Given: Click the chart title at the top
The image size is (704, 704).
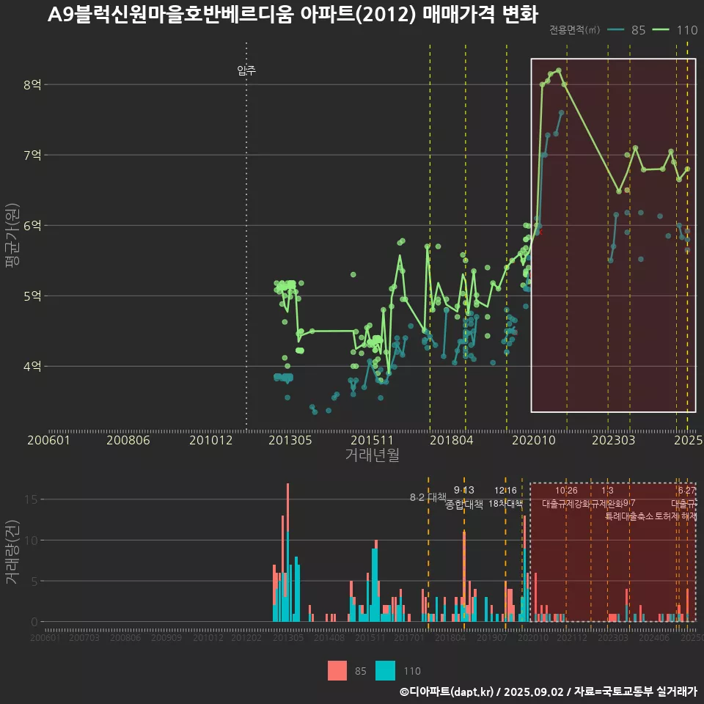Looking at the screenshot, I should [293, 15].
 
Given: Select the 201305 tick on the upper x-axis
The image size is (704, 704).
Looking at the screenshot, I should [290, 441].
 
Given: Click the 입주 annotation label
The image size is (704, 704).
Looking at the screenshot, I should [246, 71].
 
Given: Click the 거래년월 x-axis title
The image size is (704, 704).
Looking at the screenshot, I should [372, 455].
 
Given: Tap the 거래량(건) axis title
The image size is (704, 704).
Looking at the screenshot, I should [12, 552].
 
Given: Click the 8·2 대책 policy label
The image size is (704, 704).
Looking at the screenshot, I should [428, 498].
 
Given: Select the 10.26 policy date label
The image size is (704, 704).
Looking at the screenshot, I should [566, 491].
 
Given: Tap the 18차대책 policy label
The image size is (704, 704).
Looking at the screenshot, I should [505, 504].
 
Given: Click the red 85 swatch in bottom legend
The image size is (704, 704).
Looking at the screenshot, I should [337, 670].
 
